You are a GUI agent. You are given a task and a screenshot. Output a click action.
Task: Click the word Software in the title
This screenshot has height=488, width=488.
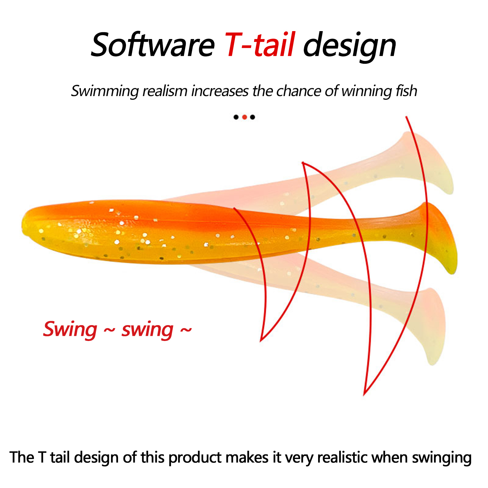pyautogui.click(x=153, y=45)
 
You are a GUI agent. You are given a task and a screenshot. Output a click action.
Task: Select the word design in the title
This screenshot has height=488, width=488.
pyautogui.click(x=350, y=46)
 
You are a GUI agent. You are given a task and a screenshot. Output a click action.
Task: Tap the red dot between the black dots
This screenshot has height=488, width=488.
pyautogui.click(x=244, y=117)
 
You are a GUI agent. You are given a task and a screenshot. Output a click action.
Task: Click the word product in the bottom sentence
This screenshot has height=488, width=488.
pyautogui.click(x=195, y=458)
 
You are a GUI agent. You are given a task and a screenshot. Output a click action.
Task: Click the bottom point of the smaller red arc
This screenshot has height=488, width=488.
pyautogui.click(x=261, y=341)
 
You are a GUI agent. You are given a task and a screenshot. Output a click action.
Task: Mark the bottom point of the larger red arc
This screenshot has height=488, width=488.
pyautogui.click(x=364, y=395)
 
